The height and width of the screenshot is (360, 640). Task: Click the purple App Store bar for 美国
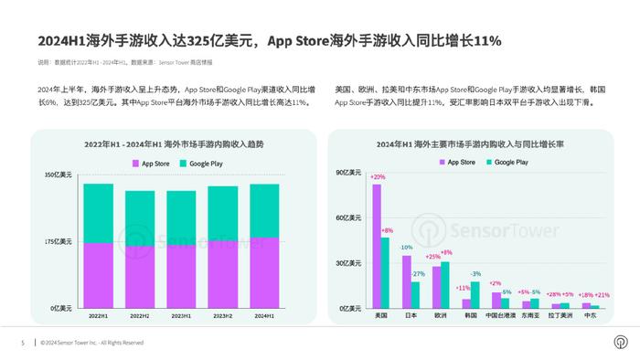coord(377,246)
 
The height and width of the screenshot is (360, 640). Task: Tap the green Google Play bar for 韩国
coord(475,294)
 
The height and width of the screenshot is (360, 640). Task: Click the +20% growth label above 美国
coord(378,176)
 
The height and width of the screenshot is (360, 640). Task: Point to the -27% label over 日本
coord(418,274)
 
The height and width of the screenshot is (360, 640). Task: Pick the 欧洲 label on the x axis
coord(441,315)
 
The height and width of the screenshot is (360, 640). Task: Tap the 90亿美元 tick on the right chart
coord(350,174)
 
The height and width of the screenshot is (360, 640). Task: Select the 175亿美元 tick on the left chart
coord(59,241)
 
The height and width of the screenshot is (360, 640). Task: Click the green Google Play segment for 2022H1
coord(98,213)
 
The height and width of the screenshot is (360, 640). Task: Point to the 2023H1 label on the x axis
coord(181,315)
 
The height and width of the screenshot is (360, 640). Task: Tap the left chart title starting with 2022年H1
coord(173,144)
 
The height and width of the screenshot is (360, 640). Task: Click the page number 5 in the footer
coord(23,343)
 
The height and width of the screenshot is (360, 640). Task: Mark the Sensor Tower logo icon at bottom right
coord(620,343)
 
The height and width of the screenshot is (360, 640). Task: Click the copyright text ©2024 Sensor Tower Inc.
coord(91,343)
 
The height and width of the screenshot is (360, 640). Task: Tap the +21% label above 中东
coord(602,295)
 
